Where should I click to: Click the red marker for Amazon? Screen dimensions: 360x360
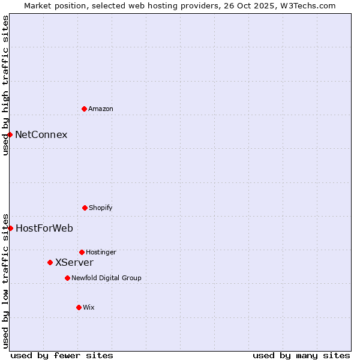[84, 109]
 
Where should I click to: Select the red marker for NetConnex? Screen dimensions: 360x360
[10, 134]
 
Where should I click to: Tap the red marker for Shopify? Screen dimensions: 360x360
[85, 208]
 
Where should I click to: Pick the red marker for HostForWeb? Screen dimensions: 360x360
[10, 228]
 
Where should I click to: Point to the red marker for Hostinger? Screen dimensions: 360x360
[82, 252]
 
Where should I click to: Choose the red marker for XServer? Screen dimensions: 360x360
[50, 262]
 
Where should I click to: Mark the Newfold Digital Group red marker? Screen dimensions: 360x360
[67, 278]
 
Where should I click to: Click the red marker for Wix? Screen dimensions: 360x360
[79, 307]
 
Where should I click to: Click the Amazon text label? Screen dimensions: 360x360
[101, 109]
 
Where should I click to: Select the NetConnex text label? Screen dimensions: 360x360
[41, 134]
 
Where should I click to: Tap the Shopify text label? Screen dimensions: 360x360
[101, 208]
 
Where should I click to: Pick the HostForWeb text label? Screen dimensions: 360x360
[44, 228]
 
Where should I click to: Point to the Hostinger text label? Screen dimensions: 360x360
[101, 252]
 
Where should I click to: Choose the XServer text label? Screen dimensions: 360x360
[74, 262]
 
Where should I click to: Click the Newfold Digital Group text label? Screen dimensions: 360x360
[107, 278]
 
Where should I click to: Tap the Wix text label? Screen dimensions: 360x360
[89, 307]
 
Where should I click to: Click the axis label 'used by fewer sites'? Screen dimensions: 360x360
[62, 355]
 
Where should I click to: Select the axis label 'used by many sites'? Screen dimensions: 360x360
[301, 355]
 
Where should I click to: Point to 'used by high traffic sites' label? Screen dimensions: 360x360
[5, 85]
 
